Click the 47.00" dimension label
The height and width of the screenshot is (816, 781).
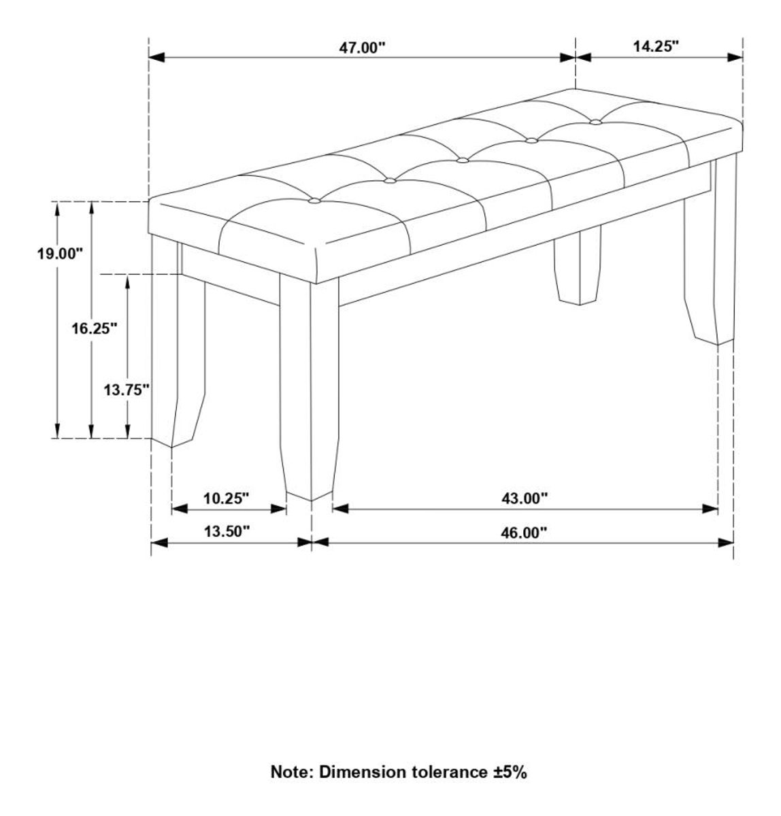point(361,48)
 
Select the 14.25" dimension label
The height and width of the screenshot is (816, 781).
point(655,46)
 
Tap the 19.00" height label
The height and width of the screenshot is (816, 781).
point(61,254)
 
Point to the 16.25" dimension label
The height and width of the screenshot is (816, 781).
point(95,328)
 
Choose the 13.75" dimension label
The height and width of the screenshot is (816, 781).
point(127,390)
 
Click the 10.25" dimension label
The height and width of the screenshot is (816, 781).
point(226,498)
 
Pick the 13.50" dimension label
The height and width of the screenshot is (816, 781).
point(227,531)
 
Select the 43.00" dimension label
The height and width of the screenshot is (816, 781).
point(525,498)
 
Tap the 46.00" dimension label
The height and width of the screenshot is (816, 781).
point(524,532)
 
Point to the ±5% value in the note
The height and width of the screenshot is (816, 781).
point(510,772)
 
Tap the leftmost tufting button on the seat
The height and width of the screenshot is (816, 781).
point(314,201)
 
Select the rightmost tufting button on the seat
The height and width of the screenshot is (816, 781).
point(595,122)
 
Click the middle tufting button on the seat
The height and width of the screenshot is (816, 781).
point(462,160)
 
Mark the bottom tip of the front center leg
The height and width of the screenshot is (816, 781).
point(311,500)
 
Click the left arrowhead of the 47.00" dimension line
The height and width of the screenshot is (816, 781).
point(156,57)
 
